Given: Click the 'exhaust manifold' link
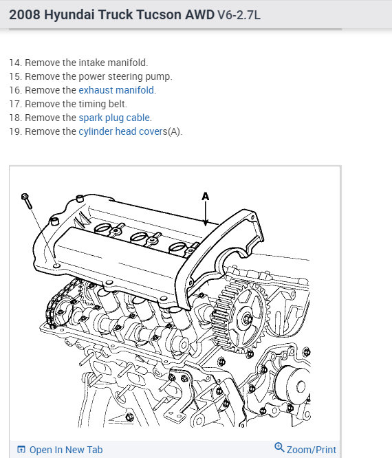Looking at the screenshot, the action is [x=116, y=90].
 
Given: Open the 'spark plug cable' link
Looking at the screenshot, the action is [x=114, y=118].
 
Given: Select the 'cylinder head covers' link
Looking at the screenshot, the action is [x=123, y=131].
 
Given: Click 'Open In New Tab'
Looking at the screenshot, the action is [x=66, y=450].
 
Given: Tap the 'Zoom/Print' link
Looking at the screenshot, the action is [x=312, y=450].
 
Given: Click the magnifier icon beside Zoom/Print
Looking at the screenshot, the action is [x=279, y=447].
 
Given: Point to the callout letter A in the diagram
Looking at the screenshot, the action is [x=206, y=196].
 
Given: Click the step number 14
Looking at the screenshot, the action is [x=16, y=63].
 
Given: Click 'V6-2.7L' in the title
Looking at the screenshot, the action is [x=239, y=14].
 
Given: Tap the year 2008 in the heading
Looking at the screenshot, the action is [x=25, y=14].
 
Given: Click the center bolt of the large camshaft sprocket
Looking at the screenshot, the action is [x=248, y=319].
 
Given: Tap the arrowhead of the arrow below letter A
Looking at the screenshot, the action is [x=206, y=223].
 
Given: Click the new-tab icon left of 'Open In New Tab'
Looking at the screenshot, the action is [x=21, y=449].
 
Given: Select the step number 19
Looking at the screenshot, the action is [x=16, y=131].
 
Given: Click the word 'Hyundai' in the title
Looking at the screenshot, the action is [x=69, y=14].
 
